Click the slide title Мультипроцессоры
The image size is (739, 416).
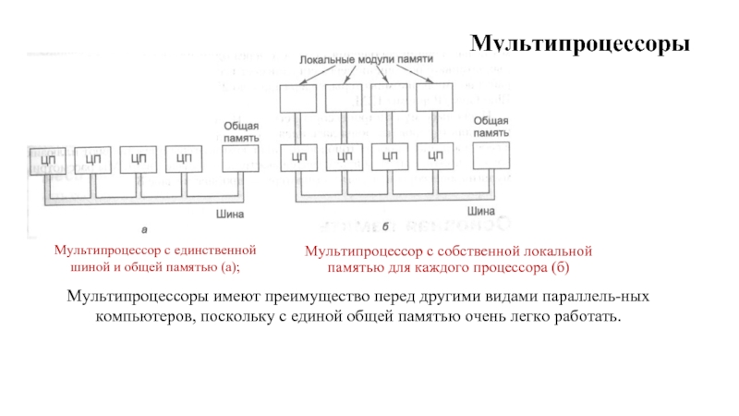pos(581,43)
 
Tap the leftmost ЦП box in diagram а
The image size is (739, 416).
pos(46,159)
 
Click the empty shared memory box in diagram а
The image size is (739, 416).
pos(241,159)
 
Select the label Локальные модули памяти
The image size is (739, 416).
pos(366,57)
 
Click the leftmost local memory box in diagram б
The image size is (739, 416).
pos(297,97)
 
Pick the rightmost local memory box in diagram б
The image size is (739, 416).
pos(433,97)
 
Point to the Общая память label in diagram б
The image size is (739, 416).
pos(491,127)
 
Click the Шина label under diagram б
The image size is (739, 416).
pos(479,209)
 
